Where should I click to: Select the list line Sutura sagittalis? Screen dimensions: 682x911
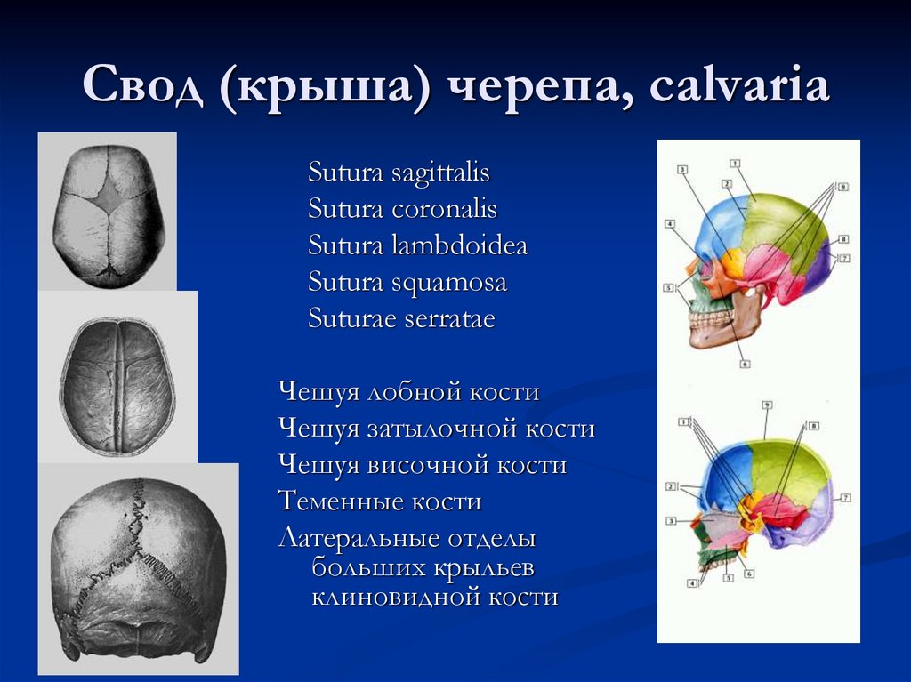pos(399,173)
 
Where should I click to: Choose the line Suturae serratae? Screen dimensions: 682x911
pos(401,319)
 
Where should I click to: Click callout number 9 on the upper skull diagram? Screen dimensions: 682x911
pos(842,187)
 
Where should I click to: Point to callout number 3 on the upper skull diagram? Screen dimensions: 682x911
pos(681,168)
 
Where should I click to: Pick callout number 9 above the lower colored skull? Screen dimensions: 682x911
pos(766,405)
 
